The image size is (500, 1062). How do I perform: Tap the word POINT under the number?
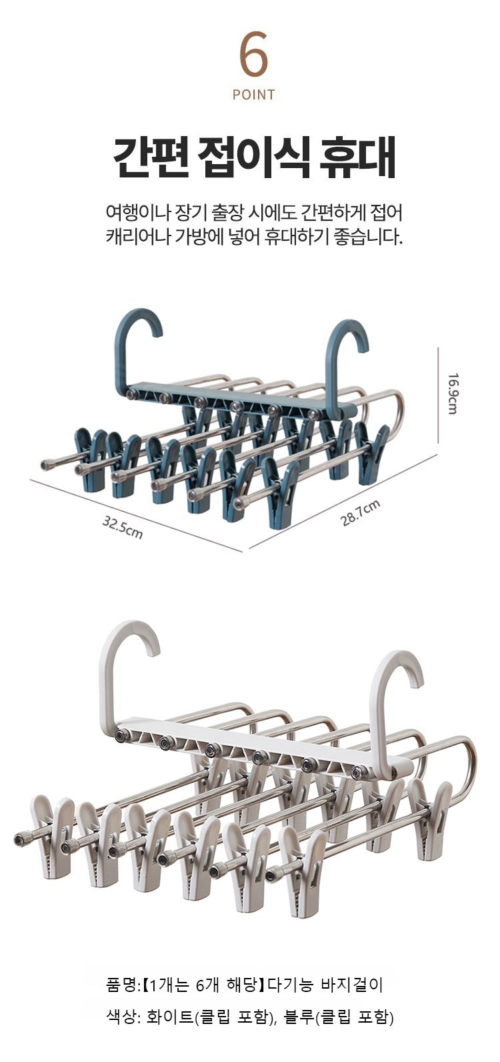click(x=253, y=95)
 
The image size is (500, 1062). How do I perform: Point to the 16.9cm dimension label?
click(x=453, y=394)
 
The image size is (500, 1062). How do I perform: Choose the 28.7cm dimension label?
click(x=361, y=513)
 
